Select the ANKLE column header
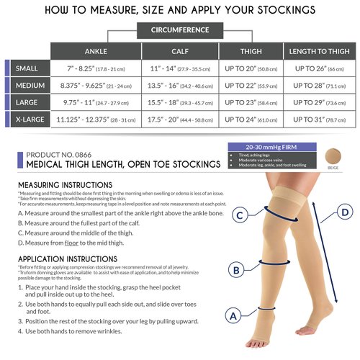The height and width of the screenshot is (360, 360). pyautogui.click(x=96, y=52)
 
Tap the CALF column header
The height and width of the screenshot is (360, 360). pyautogui.click(x=179, y=52)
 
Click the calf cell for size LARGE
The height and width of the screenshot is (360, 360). pyautogui.click(x=179, y=103)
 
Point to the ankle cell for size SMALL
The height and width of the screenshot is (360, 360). pyautogui.click(x=96, y=68)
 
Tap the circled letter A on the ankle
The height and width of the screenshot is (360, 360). pyautogui.click(x=233, y=315)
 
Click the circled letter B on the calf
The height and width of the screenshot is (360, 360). pyautogui.click(x=234, y=270)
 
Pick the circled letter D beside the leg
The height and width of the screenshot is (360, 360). pyautogui.click(x=345, y=212)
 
